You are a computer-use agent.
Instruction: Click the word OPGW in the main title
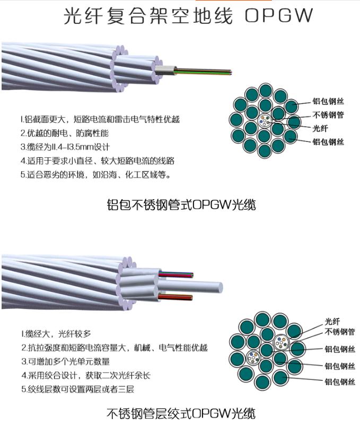[x=278, y=15]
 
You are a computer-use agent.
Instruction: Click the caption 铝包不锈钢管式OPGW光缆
[x=181, y=205]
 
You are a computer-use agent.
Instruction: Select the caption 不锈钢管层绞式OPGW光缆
[x=181, y=413]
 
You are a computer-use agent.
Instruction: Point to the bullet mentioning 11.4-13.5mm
[x=65, y=147]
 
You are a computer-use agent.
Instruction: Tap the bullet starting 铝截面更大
[x=100, y=119]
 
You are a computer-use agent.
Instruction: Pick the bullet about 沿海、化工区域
[x=96, y=174]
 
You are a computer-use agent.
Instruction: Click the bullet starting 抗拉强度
[x=115, y=348]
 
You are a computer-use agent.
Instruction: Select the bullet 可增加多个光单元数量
[x=66, y=362]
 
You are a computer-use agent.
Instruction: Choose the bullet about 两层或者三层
[x=78, y=389]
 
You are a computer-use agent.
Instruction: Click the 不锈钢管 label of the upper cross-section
[x=328, y=115]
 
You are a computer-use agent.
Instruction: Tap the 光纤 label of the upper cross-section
[x=320, y=128]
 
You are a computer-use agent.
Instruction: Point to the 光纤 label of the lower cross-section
[x=332, y=322]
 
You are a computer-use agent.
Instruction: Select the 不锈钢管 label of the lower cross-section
[x=340, y=332]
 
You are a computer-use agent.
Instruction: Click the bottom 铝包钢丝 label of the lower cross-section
[x=340, y=382]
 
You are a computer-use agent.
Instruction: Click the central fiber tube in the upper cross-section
[x=265, y=121]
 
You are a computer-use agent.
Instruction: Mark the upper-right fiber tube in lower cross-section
[x=281, y=342]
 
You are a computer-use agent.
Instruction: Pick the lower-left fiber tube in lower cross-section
[x=253, y=358]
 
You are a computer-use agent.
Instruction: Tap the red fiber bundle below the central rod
[x=175, y=297]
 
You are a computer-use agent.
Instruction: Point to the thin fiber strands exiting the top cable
[x=203, y=72]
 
